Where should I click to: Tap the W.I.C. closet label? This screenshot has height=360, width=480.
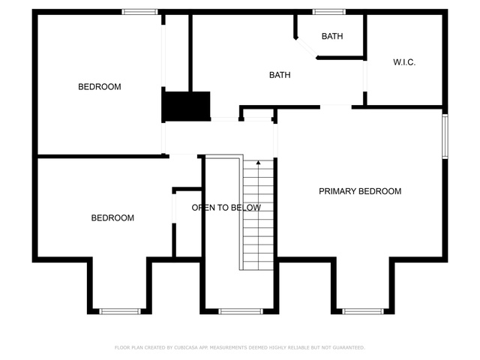pyautogui.click(x=404, y=62)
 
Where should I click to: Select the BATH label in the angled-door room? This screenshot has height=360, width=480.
pyautogui.click(x=332, y=36)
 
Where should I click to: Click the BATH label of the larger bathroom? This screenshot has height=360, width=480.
pyautogui.click(x=280, y=75)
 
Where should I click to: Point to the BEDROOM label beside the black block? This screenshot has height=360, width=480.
pyautogui.click(x=100, y=87)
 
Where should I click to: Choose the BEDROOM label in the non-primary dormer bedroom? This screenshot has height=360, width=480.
pyautogui.click(x=112, y=217)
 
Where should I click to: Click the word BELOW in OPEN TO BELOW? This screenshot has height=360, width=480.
pyautogui.click(x=246, y=208)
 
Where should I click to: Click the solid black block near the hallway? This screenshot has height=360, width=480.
pyautogui.click(x=186, y=106)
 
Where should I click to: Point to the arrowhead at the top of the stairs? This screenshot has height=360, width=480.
pyautogui.click(x=258, y=163)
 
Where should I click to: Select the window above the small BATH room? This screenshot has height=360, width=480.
pyautogui.click(x=329, y=12)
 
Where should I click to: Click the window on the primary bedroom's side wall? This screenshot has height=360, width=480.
pyautogui.click(x=445, y=136)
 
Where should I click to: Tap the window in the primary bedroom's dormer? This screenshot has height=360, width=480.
pyautogui.click(x=363, y=312)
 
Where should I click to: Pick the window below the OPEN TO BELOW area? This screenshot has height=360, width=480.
pyautogui.click(x=241, y=312)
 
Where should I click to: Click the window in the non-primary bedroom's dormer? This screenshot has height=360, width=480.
pyautogui.click(x=120, y=312)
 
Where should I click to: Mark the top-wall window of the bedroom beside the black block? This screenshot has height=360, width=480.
pyautogui.click(x=139, y=12)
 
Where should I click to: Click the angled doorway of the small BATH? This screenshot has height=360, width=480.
pyautogui.click(x=306, y=48)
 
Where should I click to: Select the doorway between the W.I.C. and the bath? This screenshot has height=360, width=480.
pyautogui.click(x=365, y=76)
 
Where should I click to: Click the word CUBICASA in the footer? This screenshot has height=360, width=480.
pyautogui.click(x=186, y=347)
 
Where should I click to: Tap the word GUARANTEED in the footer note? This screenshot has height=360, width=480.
pyautogui.click(x=349, y=347)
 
